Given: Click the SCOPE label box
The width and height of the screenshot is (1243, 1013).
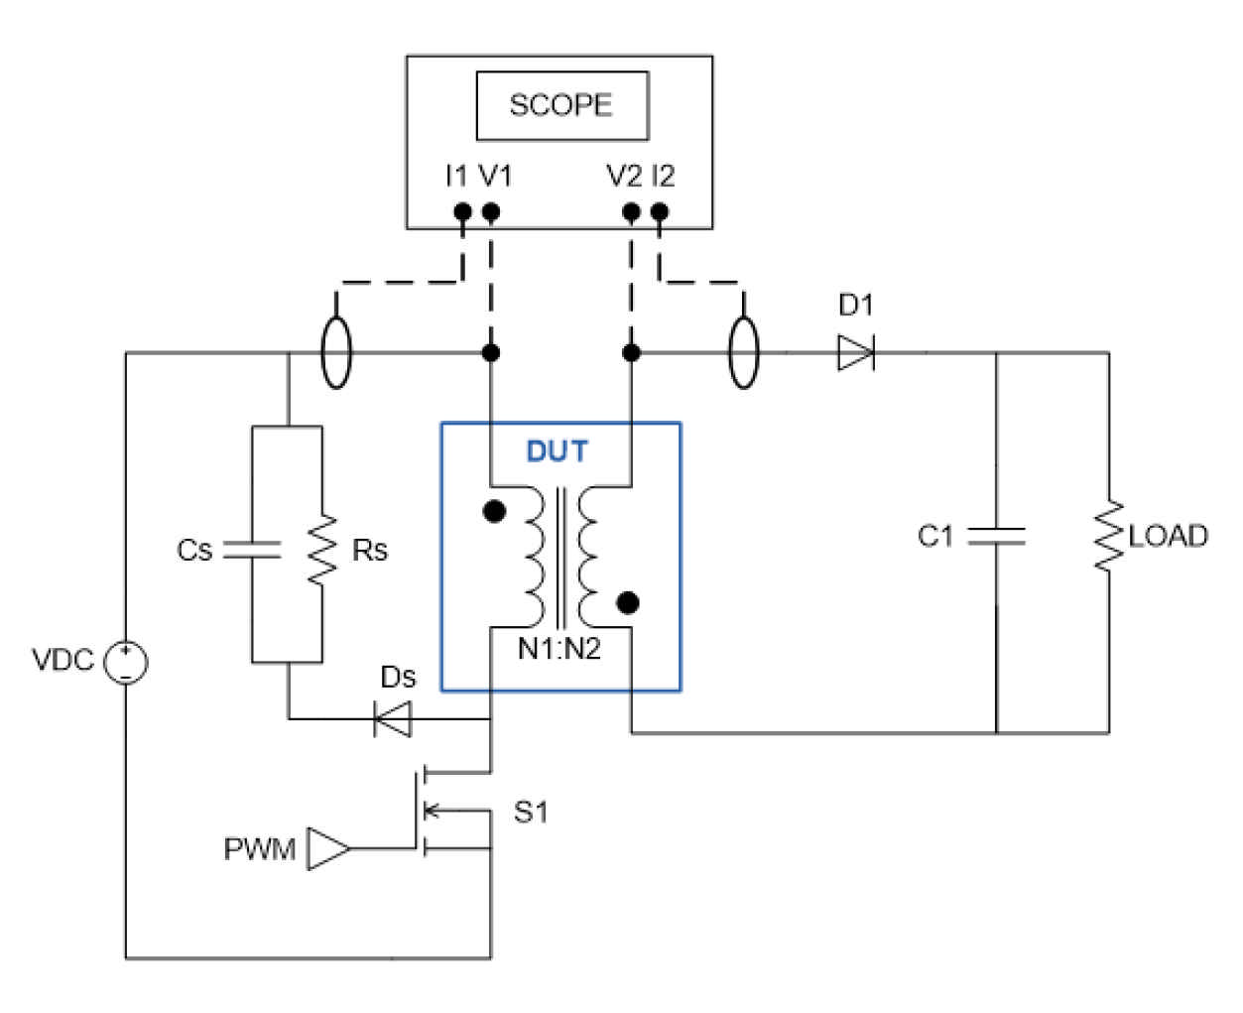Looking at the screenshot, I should click(561, 105).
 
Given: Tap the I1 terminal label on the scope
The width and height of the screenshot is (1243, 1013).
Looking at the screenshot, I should click(455, 177).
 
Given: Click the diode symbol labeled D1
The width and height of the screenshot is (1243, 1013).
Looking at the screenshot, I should click(855, 352).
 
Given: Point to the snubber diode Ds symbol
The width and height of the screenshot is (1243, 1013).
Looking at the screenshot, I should click(392, 718).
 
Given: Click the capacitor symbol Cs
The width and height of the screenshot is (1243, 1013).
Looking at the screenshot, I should click(253, 551).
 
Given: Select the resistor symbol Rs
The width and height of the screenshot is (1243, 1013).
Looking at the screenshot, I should click(321, 551).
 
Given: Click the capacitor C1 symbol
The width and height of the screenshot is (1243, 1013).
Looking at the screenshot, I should click(996, 536).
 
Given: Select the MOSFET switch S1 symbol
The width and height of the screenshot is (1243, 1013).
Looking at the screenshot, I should click(436, 810).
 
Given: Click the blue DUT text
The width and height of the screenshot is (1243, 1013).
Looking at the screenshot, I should click(557, 452).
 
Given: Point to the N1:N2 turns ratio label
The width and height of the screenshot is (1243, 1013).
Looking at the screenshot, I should click(559, 650).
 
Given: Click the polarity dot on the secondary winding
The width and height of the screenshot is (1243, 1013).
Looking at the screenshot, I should click(627, 602).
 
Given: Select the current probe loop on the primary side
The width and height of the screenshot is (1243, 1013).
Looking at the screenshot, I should click(336, 352).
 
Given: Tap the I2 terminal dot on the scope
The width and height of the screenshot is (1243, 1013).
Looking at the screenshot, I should click(660, 211).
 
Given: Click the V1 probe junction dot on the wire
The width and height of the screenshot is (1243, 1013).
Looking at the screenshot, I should click(490, 352).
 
